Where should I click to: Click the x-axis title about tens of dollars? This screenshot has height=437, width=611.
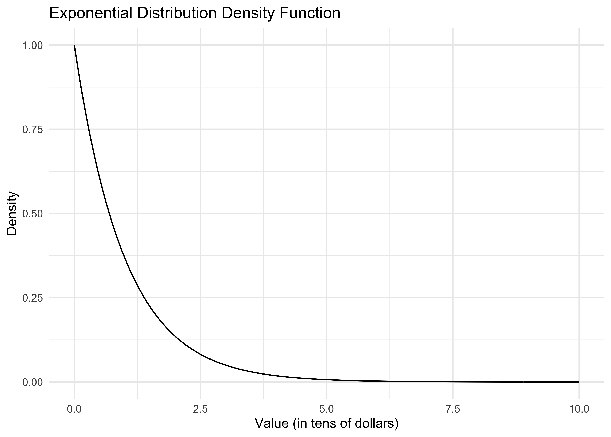[x=326, y=423]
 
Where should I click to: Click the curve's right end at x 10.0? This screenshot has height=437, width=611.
[x=579, y=382]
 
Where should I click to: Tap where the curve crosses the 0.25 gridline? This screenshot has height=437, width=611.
[x=144, y=298]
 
